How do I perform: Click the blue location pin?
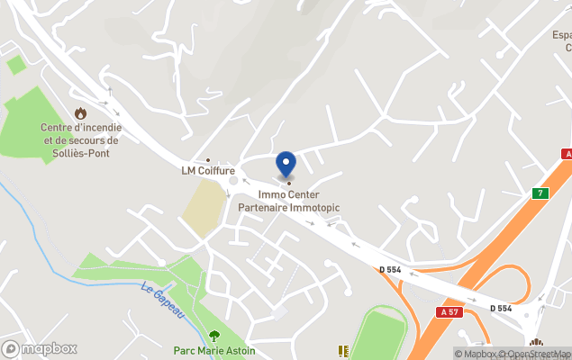coord(286,165)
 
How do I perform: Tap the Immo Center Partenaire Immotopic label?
coord(288,201)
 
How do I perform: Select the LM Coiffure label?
coord(208,171)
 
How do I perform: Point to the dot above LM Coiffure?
coord(208,160)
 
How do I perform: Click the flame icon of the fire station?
coord(81,113)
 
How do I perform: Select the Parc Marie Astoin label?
coord(214,351)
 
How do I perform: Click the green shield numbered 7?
coord(540,193)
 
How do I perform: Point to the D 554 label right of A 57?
coord(501,308)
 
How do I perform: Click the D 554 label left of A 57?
coord(389,268)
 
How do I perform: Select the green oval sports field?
coord(379,334)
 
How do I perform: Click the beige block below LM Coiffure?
coord(205,208)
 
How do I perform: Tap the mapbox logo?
coord(39,348)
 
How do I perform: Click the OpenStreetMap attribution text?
coord(534,354)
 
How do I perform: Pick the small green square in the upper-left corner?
coord(15,65)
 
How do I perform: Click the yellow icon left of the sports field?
coord(342,351)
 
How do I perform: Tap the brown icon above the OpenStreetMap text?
coord(536,342)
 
